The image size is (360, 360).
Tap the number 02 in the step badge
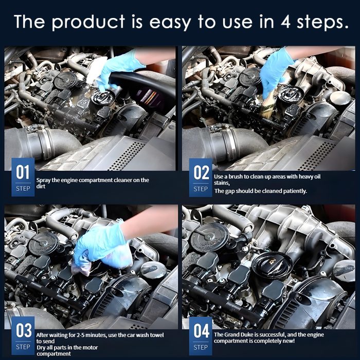pyautogui.click(x=201, y=172)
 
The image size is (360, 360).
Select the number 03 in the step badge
pyautogui.click(x=24, y=330)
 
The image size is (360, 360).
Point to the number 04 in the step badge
pyautogui.click(x=202, y=331)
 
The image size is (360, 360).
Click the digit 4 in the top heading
pyautogui.click(x=285, y=22)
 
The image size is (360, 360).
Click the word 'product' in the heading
pyautogui.click(x=88, y=22)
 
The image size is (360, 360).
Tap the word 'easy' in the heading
pyautogui.click(x=170, y=23)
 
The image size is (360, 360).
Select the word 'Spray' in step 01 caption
pyautogui.click(x=43, y=181)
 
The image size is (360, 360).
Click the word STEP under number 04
pyautogui.click(x=201, y=347)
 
